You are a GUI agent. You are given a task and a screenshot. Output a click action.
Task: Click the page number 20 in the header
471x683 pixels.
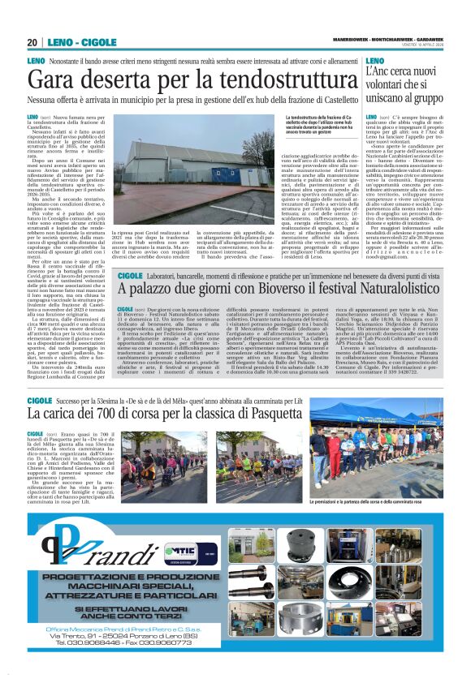click(x=32, y=43)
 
